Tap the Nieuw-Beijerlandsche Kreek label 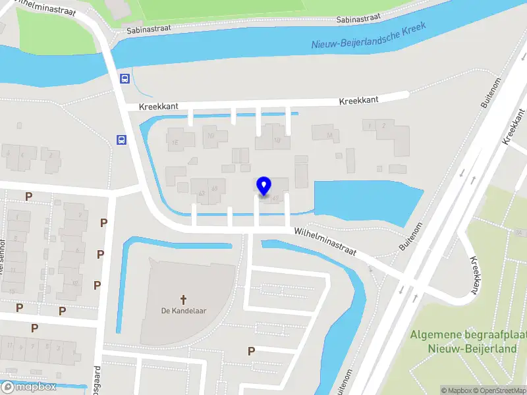click(x=369, y=37)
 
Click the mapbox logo click(x=30, y=387)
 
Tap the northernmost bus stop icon click(x=124, y=78)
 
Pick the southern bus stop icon click(x=121, y=139)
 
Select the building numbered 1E click(x=176, y=142)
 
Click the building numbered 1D click(x=211, y=136)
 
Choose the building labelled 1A click(x=329, y=136)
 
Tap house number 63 click(x=201, y=192)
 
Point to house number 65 click(x=215, y=190)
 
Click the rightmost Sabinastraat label click(x=356, y=20)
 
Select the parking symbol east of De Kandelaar click(x=251, y=351)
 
